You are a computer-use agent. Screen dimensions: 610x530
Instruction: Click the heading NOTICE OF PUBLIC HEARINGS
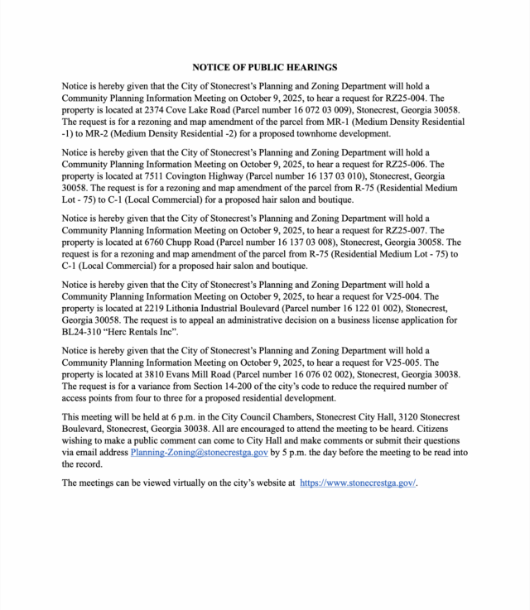(x=265, y=67)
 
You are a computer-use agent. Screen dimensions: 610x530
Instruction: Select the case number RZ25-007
(x=426, y=230)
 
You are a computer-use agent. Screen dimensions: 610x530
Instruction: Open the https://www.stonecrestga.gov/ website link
(x=358, y=483)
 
